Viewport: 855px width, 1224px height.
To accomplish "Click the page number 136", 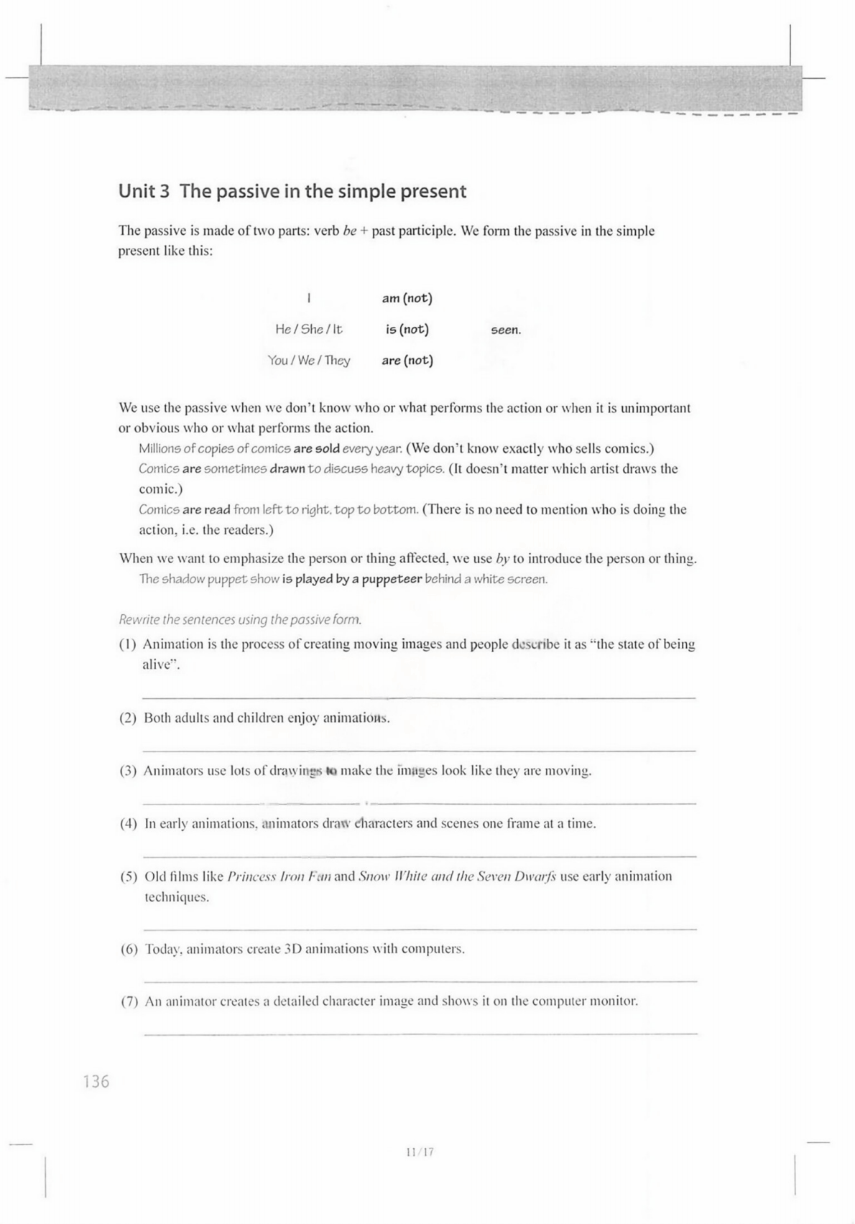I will [96, 1081].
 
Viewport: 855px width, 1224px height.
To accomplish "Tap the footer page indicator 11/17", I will [420, 1152].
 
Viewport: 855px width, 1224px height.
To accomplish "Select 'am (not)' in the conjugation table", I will [407, 298].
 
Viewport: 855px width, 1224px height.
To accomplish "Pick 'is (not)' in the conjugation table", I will [407, 330].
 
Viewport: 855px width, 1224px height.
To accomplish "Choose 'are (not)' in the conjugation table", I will [407, 361].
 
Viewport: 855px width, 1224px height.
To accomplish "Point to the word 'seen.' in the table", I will [506, 330].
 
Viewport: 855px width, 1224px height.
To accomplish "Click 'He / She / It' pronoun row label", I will [309, 330].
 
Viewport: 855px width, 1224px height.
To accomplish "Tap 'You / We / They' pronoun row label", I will [309, 361].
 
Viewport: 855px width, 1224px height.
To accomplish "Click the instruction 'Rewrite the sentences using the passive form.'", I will [240, 619].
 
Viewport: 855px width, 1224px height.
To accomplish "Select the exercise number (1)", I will [127, 644].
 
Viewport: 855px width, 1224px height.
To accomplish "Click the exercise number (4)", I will [129, 824].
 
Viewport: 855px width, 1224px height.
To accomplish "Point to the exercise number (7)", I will [129, 1001].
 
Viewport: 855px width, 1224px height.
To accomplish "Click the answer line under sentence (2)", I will [420, 750].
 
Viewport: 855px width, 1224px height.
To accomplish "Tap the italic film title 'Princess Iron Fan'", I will [279, 877].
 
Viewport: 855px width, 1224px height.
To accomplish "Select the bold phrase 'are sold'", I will [317, 449].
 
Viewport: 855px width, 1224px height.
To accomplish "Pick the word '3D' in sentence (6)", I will [293, 949].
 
